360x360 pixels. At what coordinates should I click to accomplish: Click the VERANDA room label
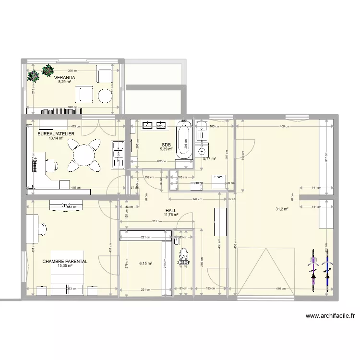[64, 77]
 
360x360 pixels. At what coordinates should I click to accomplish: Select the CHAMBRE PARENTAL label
[65, 262]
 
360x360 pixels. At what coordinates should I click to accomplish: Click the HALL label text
[170, 210]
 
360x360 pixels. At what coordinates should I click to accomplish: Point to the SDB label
[166, 144]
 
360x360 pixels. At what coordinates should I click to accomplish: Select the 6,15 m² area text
[145, 263]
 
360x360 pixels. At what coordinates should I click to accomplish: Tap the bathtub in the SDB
[182, 140]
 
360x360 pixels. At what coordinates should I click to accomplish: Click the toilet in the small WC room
[183, 257]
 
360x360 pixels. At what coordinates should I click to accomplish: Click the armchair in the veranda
[105, 75]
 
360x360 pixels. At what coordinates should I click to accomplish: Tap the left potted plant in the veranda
[33, 76]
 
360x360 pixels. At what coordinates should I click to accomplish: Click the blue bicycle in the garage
[328, 269]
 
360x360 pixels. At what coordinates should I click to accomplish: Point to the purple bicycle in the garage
[313, 269]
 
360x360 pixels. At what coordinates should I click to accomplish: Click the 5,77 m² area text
[209, 158]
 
